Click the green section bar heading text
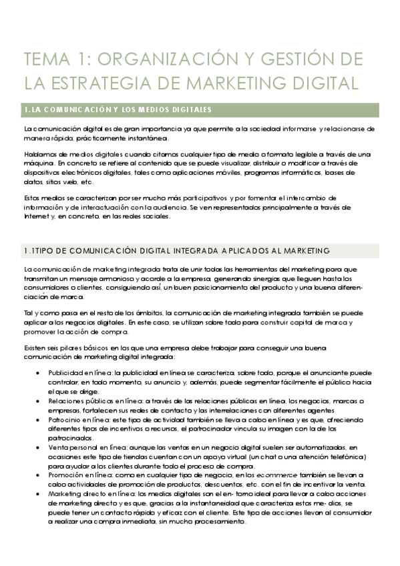pyautogui.click(x=118, y=109)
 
